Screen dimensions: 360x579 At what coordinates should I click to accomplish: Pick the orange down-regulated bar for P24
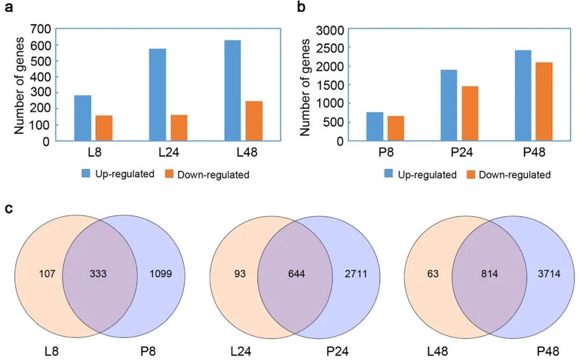pyautogui.click(x=470, y=113)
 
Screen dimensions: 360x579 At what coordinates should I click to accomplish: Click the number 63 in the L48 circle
pyautogui.click(x=433, y=274)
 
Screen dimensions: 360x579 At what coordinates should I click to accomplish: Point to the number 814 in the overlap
pyautogui.click(x=489, y=274)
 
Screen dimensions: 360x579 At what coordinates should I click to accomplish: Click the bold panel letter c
pyautogui.click(x=9, y=208)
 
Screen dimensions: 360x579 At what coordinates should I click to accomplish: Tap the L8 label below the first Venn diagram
pyautogui.click(x=52, y=351)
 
